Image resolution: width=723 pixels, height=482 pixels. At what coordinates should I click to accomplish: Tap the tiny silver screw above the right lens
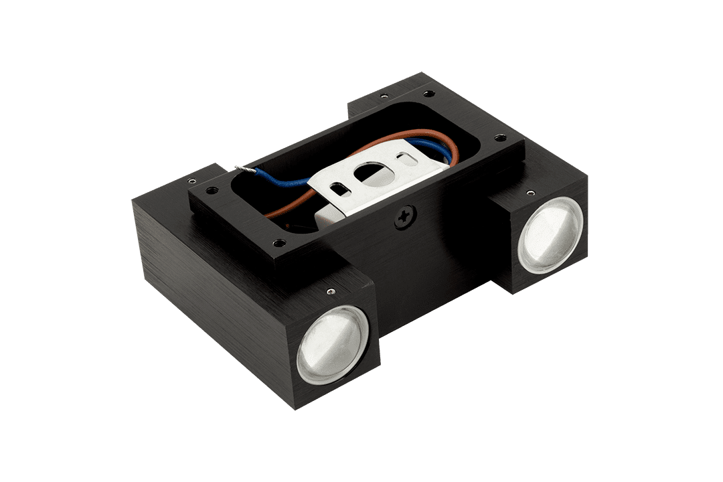pos(531,193)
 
